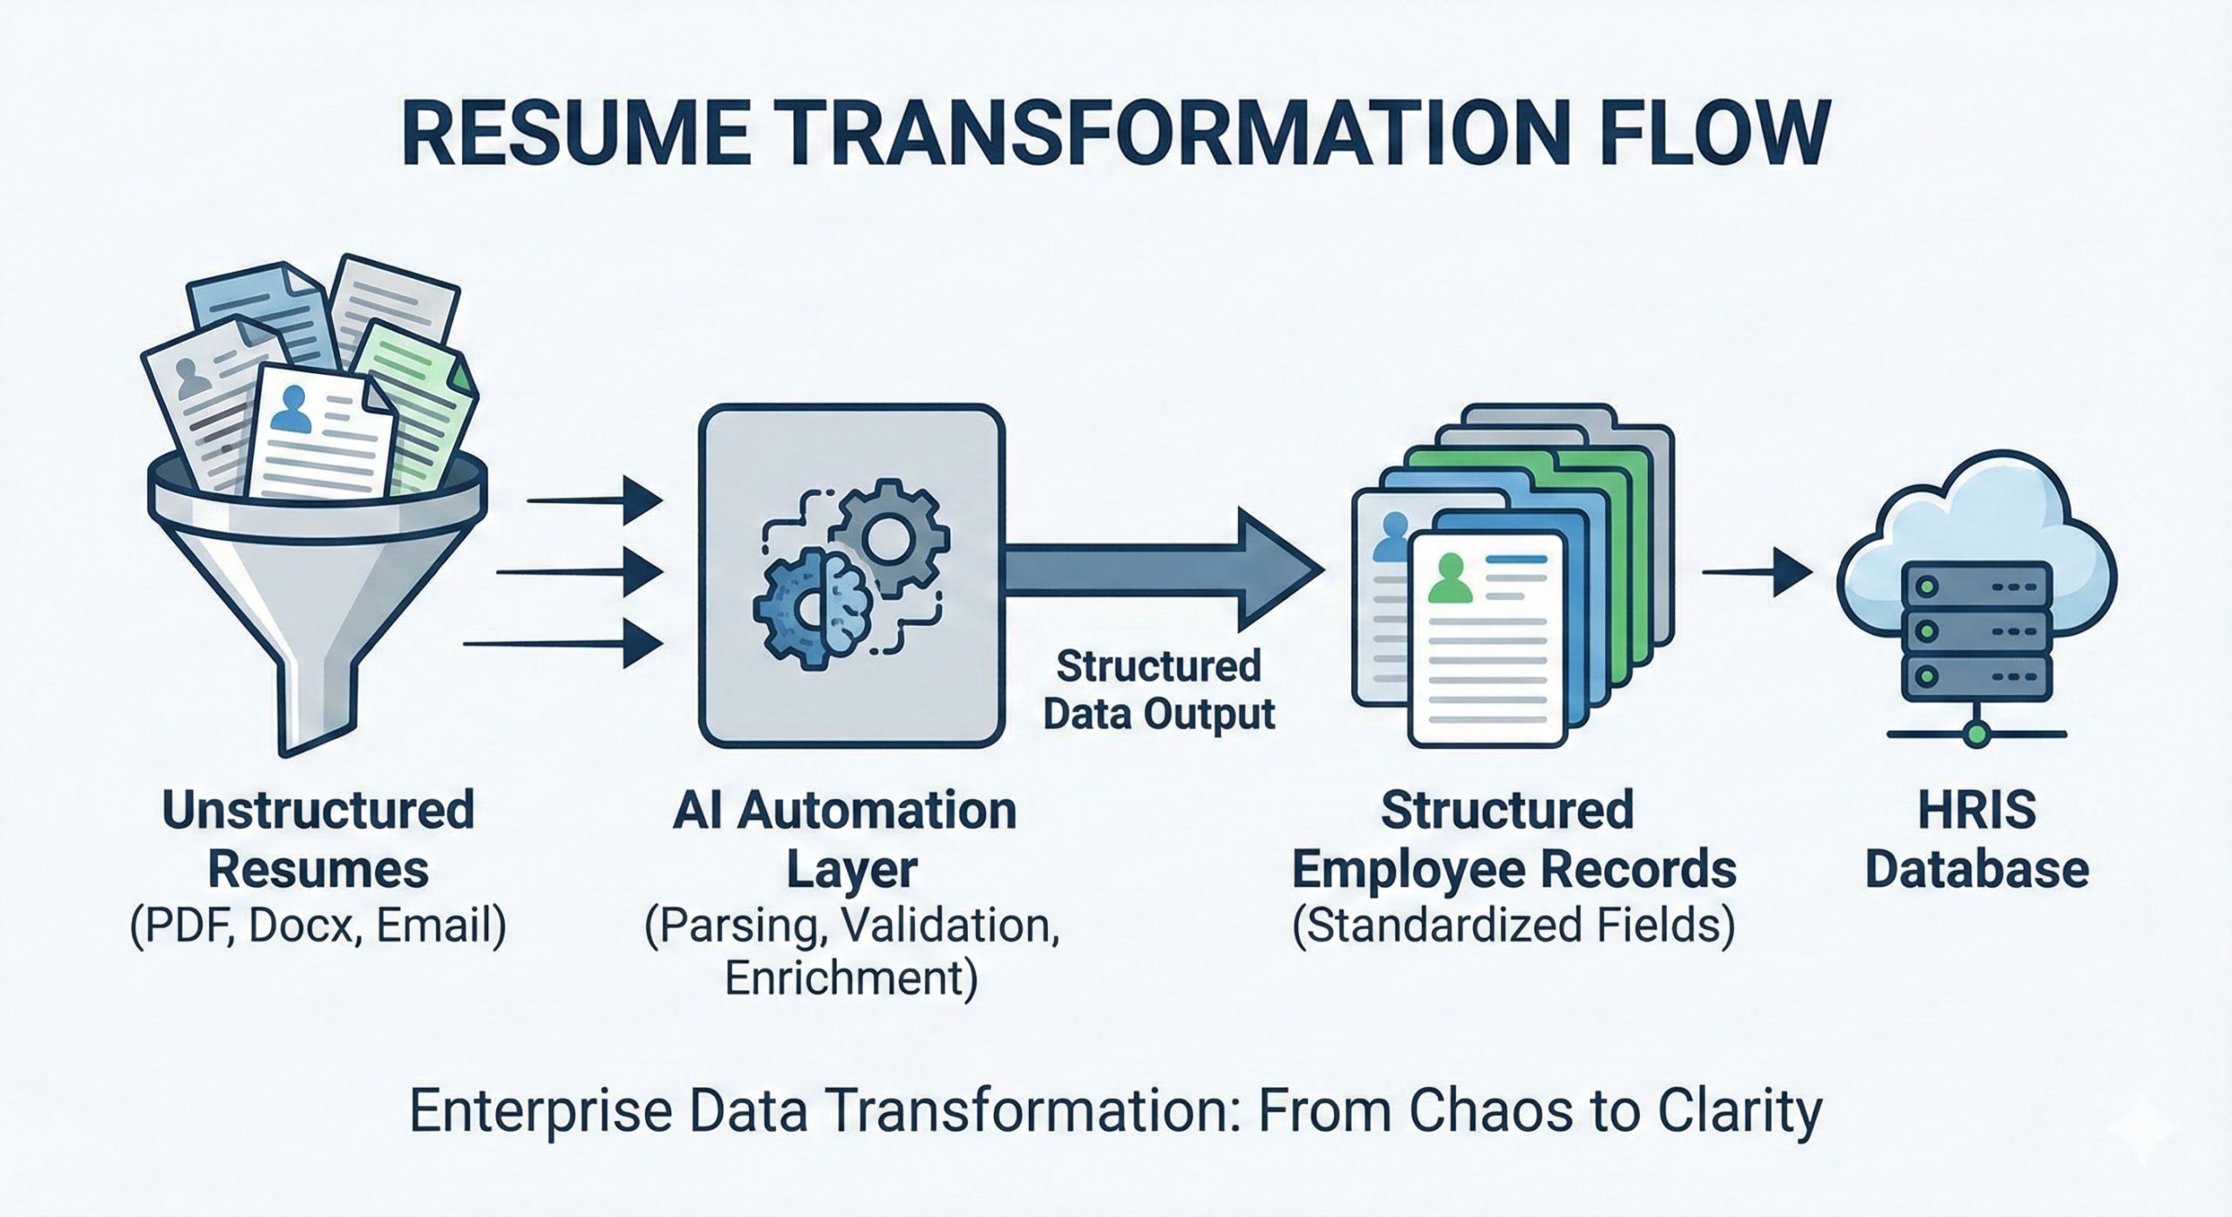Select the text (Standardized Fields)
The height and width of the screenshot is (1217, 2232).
[x=1513, y=926]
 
